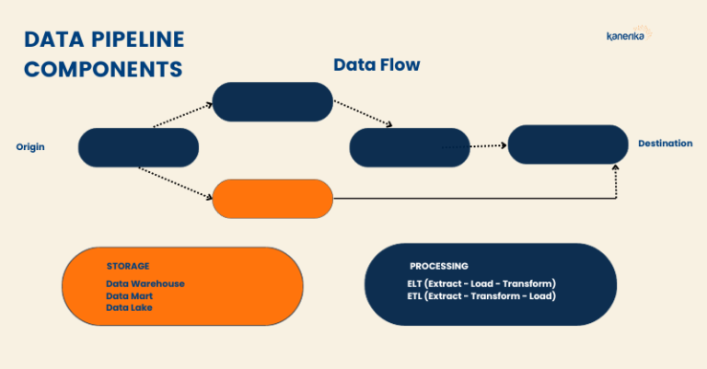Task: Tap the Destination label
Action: (x=665, y=144)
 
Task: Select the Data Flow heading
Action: (x=377, y=65)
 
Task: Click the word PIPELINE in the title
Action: (x=135, y=40)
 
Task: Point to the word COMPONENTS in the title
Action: (x=102, y=69)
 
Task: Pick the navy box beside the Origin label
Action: (x=139, y=147)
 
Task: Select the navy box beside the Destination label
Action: (x=567, y=144)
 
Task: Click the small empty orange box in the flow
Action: (x=272, y=198)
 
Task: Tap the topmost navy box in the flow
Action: (x=272, y=101)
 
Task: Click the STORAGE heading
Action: (x=128, y=266)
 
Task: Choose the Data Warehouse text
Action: (x=145, y=283)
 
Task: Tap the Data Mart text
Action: (x=129, y=296)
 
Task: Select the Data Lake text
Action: (x=129, y=308)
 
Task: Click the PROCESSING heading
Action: (x=439, y=266)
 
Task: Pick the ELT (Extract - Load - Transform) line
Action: (x=481, y=283)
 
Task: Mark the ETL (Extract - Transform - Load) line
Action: (x=481, y=296)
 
